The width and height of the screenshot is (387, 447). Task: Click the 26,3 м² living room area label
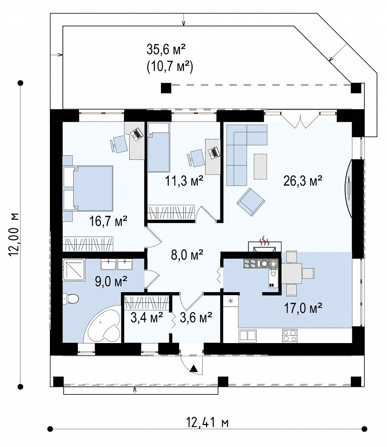click(x=303, y=181)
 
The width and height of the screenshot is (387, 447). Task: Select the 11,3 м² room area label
click(x=184, y=181)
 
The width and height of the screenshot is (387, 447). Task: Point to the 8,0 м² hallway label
click(x=187, y=255)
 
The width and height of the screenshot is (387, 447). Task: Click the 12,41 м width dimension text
click(x=207, y=422)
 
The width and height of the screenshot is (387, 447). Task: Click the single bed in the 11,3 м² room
click(x=159, y=147)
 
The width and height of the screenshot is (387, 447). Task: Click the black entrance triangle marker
click(x=193, y=368)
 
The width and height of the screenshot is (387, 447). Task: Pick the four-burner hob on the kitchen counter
click(x=290, y=336)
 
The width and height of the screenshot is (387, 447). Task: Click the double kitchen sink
click(x=247, y=336)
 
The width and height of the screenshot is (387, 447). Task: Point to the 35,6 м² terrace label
click(x=166, y=49)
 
